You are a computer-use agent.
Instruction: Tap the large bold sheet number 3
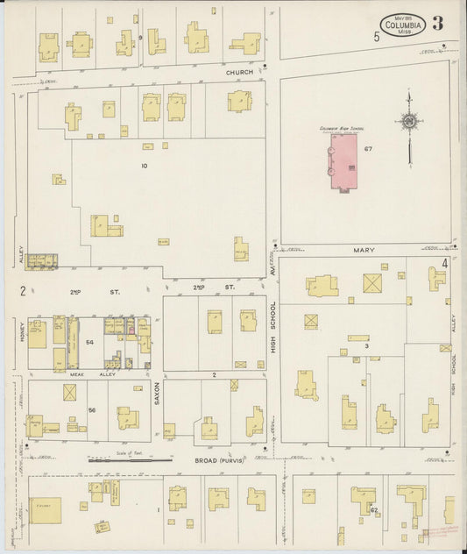pyautogui.click(x=437, y=24)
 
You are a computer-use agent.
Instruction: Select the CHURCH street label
pyautogui.click(x=239, y=72)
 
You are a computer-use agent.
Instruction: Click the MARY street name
pyautogui.click(x=364, y=250)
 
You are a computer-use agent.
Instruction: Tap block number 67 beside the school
pyautogui.click(x=369, y=149)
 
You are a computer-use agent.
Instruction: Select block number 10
pyautogui.click(x=145, y=165)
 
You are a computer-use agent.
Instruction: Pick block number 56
pyautogui.click(x=90, y=409)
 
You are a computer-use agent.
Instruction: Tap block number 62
pyautogui.click(x=374, y=509)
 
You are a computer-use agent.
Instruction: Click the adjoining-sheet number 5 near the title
pyautogui.click(x=376, y=37)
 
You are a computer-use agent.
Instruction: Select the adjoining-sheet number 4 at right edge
pyautogui.click(x=445, y=263)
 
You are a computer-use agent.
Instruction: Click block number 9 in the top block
pyautogui.click(x=139, y=37)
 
